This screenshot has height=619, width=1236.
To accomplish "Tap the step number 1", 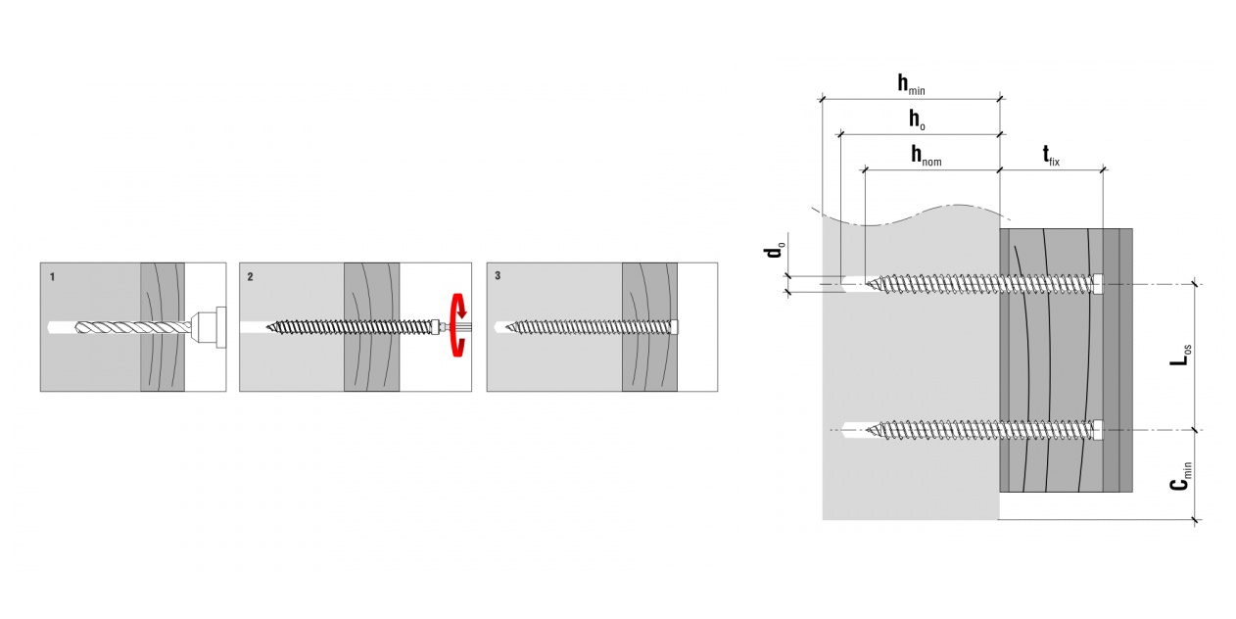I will point(51,277).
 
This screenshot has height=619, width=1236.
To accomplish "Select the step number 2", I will point(250,277).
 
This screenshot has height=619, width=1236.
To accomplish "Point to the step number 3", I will point(498,277).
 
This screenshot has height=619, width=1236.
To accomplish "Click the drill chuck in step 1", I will point(208,326).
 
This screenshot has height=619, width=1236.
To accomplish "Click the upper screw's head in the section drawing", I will point(1098,283).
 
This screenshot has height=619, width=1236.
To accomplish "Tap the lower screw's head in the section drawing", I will point(1098,429).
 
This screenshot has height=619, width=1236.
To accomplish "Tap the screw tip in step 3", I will point(512,326).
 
